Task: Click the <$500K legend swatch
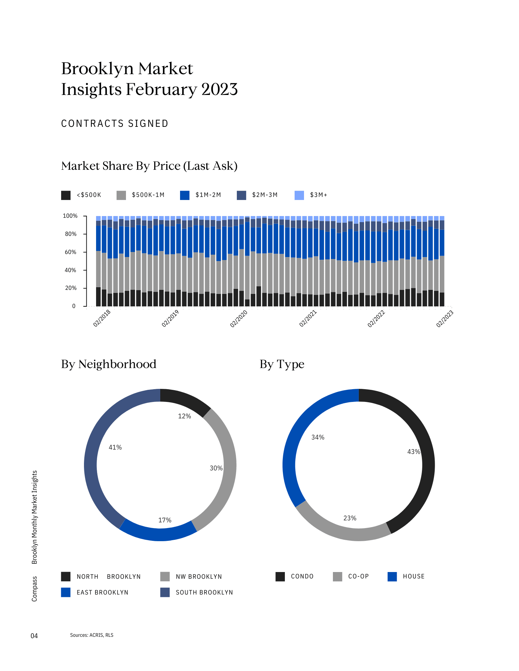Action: [66, 195]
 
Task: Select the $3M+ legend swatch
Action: [299, 195]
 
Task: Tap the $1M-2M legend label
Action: [208, 195]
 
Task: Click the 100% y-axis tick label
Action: [70, 216]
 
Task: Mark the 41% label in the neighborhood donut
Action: [115, 448]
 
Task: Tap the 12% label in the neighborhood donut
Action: [184, 416]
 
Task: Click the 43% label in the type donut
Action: [414, 452]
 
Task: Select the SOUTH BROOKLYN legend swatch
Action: [165, 592]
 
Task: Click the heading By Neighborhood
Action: [109, 364]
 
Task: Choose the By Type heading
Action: [282, 364]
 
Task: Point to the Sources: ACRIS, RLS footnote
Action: [92, 635]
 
